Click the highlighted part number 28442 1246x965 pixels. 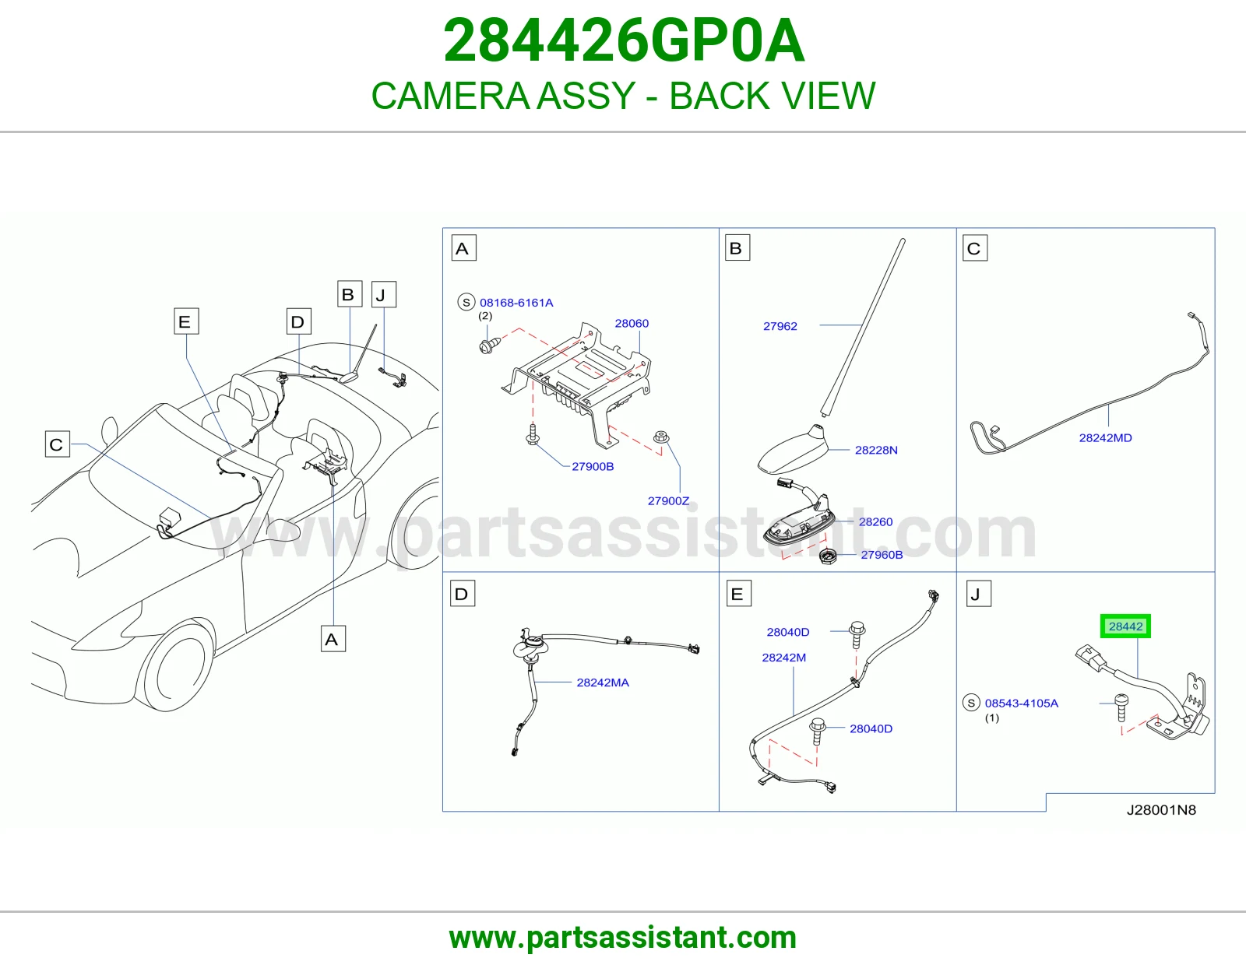[1125, 626]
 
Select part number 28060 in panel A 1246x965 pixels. [632, 323]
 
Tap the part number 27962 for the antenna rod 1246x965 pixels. [780, 326]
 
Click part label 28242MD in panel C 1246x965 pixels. [1105, 438]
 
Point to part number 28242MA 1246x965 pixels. [603, 683]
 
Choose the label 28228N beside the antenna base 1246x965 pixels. [875, 450]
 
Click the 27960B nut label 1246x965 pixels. [882, 555]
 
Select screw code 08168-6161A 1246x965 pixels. [516, 303]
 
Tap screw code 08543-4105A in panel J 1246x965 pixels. [1021, 703]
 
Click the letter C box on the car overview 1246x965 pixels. [58, 444]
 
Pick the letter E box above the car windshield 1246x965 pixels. [186, 321]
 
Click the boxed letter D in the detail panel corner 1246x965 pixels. [462, 594]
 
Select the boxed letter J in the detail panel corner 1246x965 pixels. [978, 594]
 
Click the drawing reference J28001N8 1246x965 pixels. [1161, 809]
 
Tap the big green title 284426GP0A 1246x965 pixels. [624, 40]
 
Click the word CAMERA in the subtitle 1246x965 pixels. [450, 95]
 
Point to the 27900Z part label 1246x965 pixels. [668, 501]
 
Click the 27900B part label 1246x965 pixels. [593, 466]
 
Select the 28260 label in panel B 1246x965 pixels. [875, 521]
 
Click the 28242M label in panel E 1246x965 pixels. [783, 658]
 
